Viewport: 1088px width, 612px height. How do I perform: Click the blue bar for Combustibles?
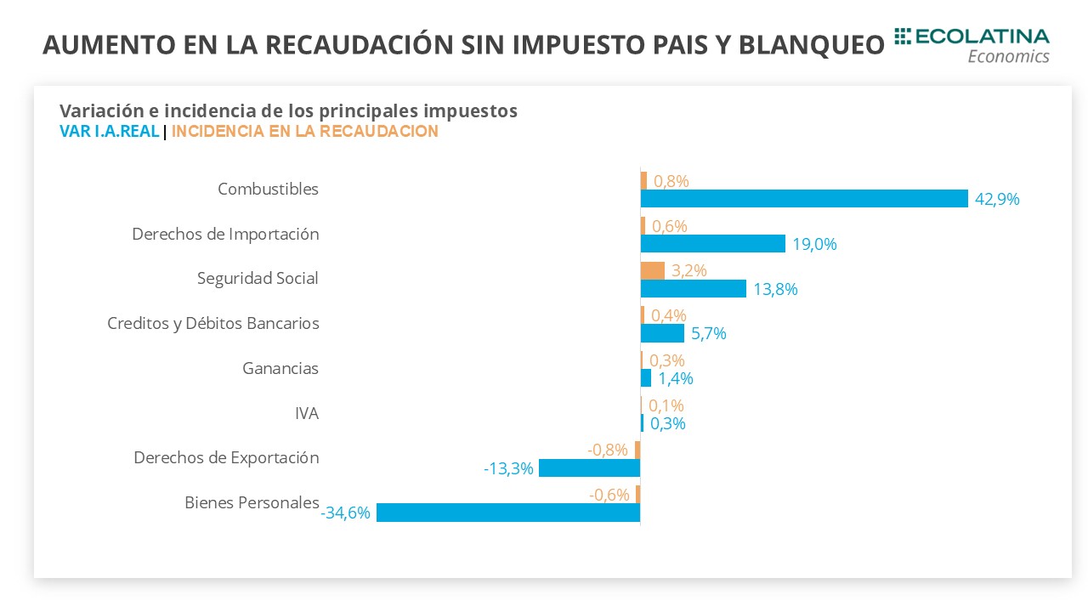point(804,199)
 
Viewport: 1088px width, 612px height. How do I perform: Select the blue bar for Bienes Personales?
point(508,513)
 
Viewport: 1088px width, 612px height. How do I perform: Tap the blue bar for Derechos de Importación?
point(712,244)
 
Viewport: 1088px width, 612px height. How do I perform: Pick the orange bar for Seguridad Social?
point(652,270)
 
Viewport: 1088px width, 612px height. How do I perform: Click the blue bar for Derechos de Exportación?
point(589,467)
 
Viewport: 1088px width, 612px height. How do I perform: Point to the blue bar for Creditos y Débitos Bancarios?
point(662,333)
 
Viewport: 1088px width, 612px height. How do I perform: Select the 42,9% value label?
point(997,200)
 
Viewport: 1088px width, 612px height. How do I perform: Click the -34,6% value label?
point(346,513)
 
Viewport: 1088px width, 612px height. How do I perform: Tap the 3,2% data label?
point(689,271)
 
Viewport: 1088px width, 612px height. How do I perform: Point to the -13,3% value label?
point(508,468)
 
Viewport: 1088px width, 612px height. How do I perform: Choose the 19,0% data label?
point(814,245)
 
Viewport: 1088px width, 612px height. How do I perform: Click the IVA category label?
point(306,414)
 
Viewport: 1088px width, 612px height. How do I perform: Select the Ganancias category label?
point(280,369)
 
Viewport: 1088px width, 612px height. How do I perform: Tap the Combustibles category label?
point(268,189)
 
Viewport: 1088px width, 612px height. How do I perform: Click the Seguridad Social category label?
point(258,279)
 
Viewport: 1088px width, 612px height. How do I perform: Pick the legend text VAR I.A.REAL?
point(110,132)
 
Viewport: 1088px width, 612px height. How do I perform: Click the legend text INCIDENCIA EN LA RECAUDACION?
point(305,132)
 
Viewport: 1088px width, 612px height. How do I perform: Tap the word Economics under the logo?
point(1008,56)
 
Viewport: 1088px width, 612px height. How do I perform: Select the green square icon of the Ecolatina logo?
point(903,36)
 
